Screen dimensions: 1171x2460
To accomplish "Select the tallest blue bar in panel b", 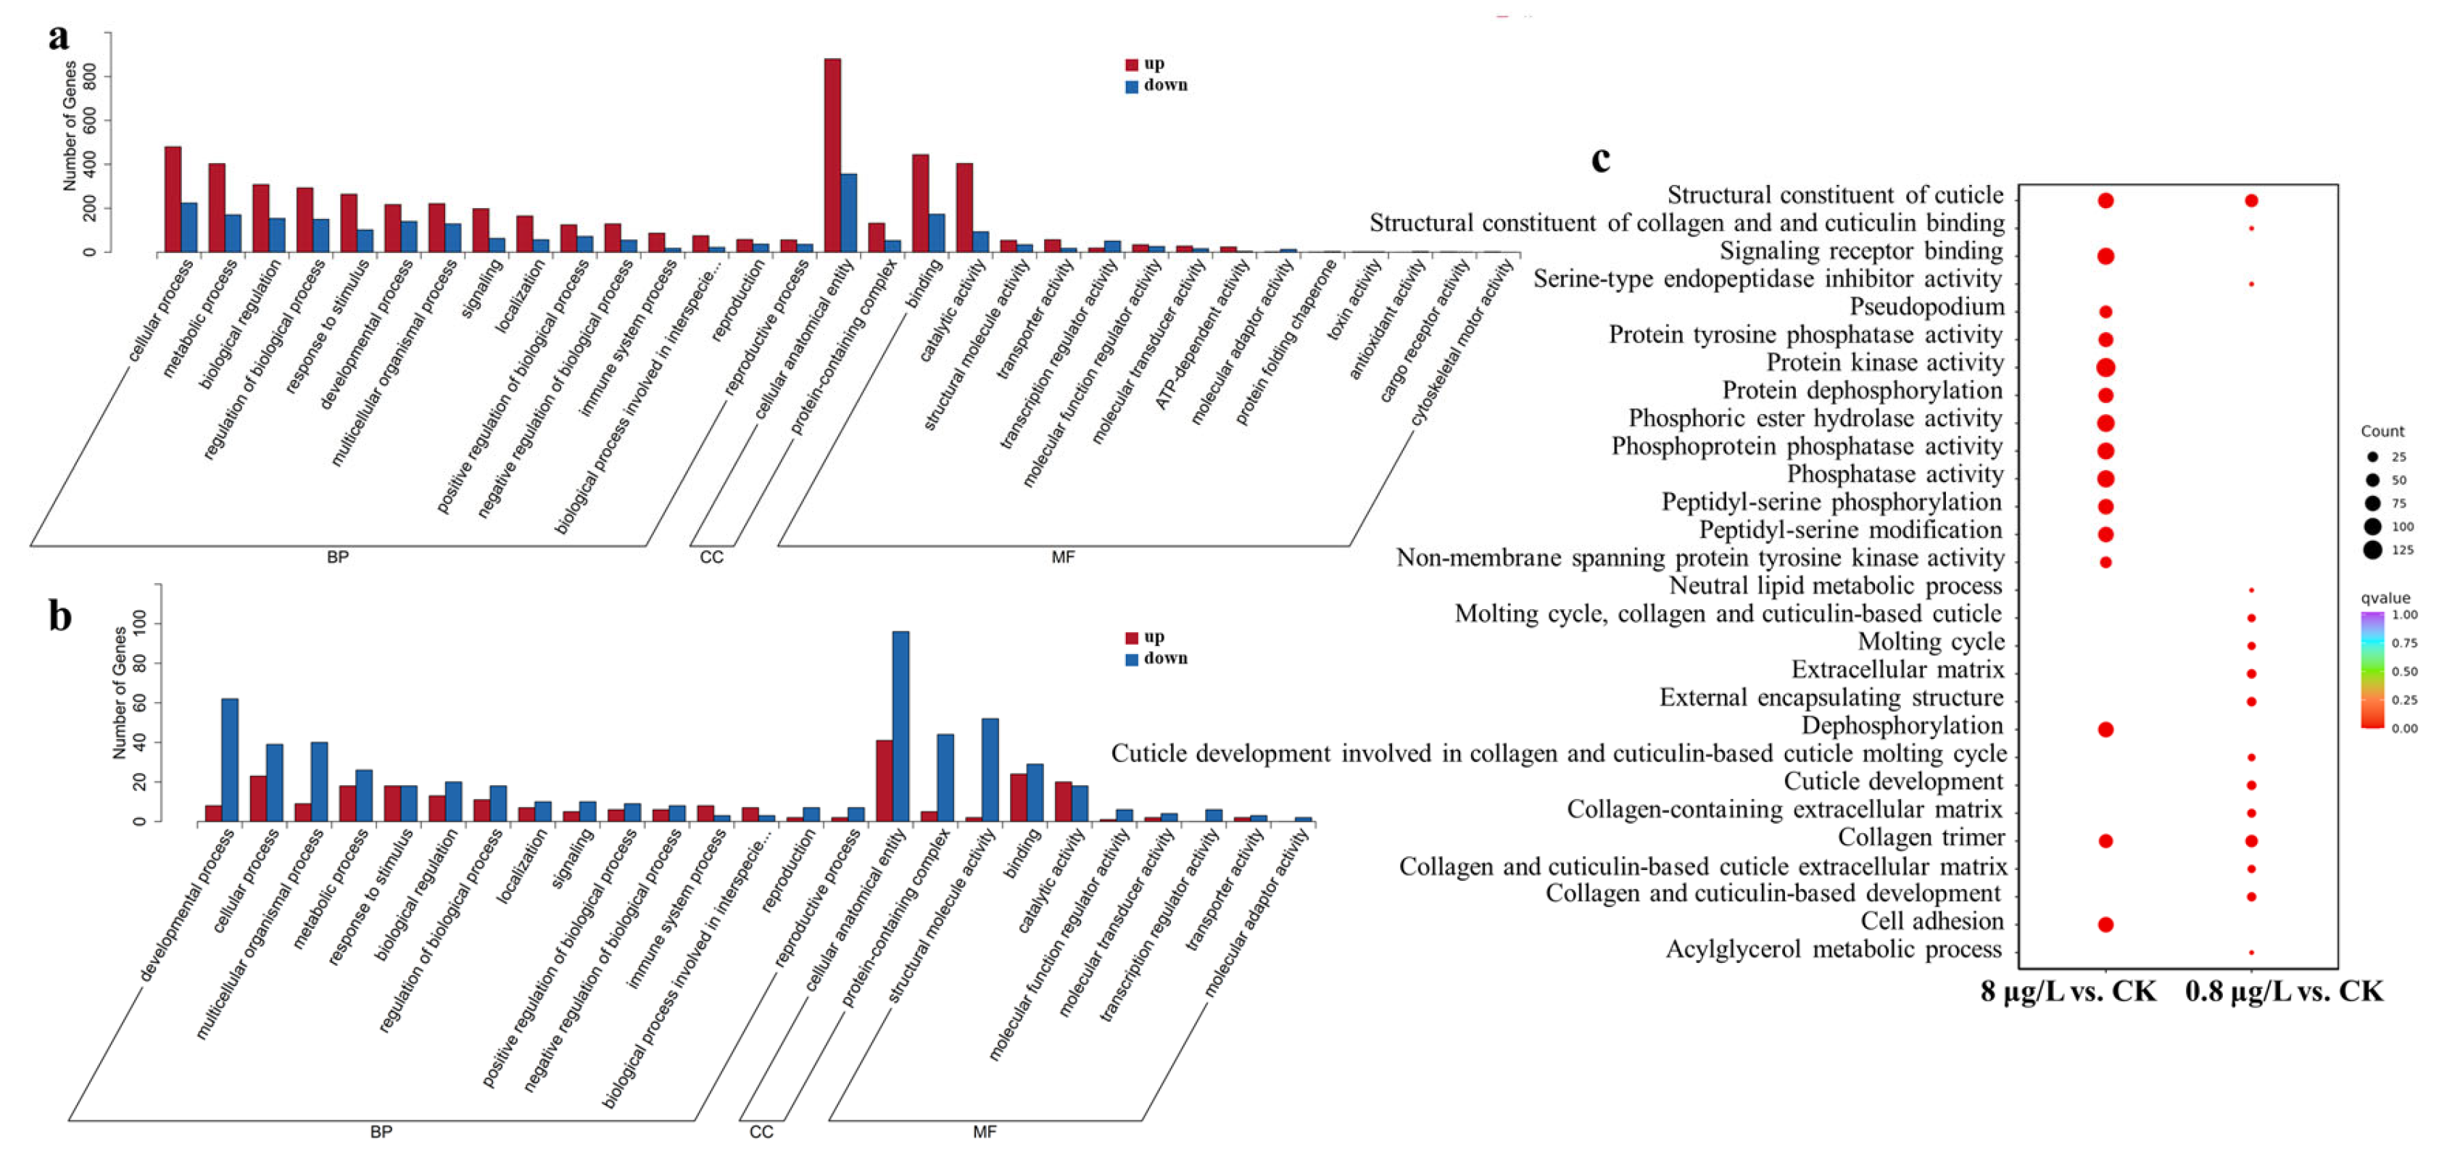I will [900, 726].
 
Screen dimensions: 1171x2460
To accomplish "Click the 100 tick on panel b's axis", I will [139, 624].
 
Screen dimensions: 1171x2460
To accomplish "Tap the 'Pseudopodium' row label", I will [1926, 307].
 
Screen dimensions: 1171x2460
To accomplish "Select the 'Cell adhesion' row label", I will [1932, 922].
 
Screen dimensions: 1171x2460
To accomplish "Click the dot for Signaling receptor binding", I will [2105, 256].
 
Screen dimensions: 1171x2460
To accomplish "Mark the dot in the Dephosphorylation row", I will [2105, 729].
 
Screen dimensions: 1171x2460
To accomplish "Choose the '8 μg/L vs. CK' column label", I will [2068, 991].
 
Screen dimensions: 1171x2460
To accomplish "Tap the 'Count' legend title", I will [2382, 431].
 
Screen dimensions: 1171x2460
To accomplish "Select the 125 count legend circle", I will [2372, 549].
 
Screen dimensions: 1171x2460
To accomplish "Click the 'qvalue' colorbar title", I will [2385, 598].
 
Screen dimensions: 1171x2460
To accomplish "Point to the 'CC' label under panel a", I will [711, 557].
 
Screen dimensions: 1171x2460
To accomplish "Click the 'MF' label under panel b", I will [985, 1132].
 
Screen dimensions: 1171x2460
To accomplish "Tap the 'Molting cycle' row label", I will [1931, 642].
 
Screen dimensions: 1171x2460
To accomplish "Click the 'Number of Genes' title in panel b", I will [120, 692].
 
